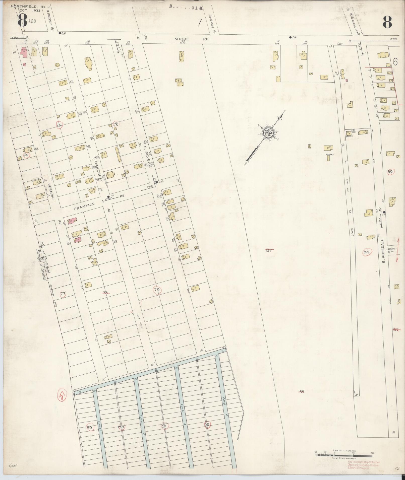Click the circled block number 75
coord(59,125)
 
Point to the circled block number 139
coord(390,172)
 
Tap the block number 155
coord(301,392)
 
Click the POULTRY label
coord(330,155)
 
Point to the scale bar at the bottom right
coord(343,454)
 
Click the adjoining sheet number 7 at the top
coord(200,23)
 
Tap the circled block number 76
coord(116,124)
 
